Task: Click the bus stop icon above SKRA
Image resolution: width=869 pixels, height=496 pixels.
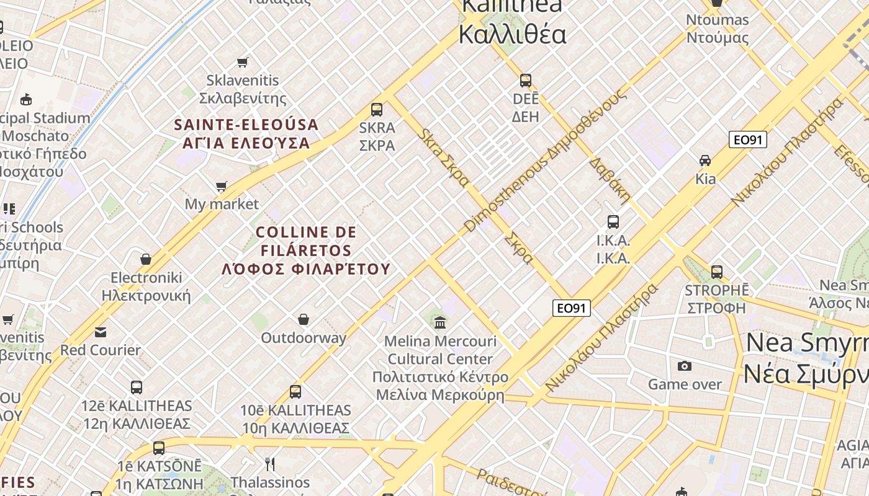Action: coord(376,110)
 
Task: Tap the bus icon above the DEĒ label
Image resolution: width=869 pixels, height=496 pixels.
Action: coord(526,80)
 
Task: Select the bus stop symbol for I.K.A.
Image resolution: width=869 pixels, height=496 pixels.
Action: coord(613,221)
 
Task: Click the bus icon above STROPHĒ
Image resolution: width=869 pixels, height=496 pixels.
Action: coord(717,272)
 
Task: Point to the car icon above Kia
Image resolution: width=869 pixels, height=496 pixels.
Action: coord(705,161)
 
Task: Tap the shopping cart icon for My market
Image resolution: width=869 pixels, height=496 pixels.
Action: coord(221,186)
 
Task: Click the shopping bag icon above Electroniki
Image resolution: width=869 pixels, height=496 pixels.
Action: coord(146,259)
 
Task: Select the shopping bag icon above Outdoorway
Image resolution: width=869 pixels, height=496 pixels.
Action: coord(304,319)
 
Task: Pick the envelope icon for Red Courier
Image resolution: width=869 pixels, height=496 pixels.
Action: coord(101,332)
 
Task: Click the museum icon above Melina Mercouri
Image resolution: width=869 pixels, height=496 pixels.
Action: coord(441,322)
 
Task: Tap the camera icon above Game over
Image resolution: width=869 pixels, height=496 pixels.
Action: coord(685,366)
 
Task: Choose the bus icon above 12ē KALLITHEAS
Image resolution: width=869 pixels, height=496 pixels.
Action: coord(137,387)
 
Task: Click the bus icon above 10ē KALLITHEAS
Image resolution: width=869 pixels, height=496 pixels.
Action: coord(295,392)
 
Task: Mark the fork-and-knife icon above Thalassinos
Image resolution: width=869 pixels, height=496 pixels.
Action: coord(270,464)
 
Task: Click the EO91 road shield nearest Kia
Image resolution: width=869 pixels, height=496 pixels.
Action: coord(748,139)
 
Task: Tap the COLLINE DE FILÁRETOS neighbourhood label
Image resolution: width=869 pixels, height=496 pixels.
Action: coord(306,250)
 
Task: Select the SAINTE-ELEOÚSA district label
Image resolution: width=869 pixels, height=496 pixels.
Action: coord(246,134)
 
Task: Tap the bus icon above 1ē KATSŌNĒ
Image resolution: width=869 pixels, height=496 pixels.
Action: coord(159,448)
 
